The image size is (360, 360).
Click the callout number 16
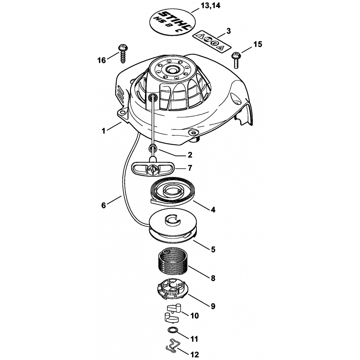click(101, 60)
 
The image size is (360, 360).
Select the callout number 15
click(258, 44)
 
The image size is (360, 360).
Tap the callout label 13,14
click(210, 5)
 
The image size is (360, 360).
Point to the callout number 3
click(228, 31)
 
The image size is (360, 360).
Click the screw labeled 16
click(123, 54)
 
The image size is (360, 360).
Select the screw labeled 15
click(236, 60)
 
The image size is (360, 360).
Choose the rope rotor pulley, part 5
click(173, 226)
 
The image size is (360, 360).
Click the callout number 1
click(104, 131)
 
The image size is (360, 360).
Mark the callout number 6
click(104, 205)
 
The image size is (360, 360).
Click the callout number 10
click(194, 316)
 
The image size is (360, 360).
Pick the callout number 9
click(213, 306)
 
